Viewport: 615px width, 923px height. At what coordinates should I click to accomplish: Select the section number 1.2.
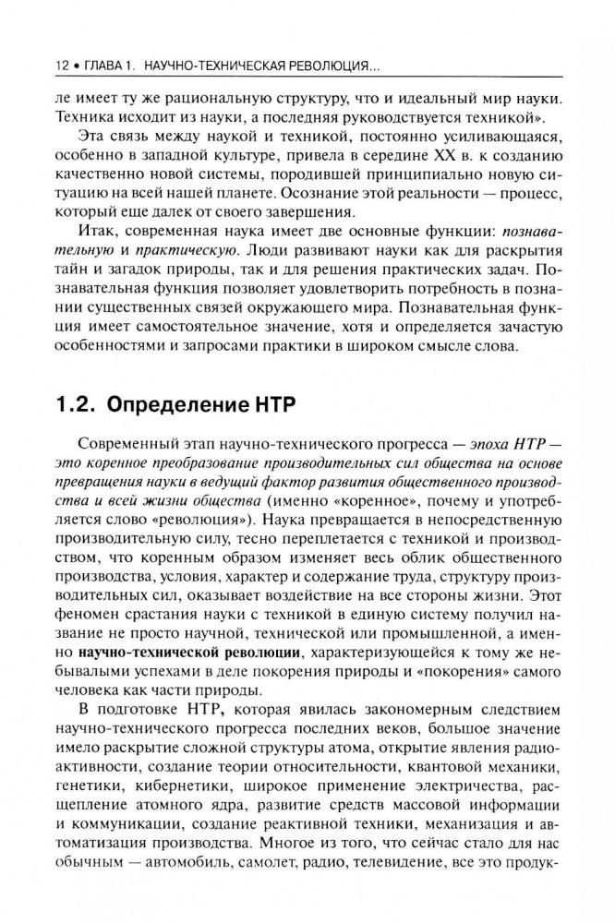pos(75,403)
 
